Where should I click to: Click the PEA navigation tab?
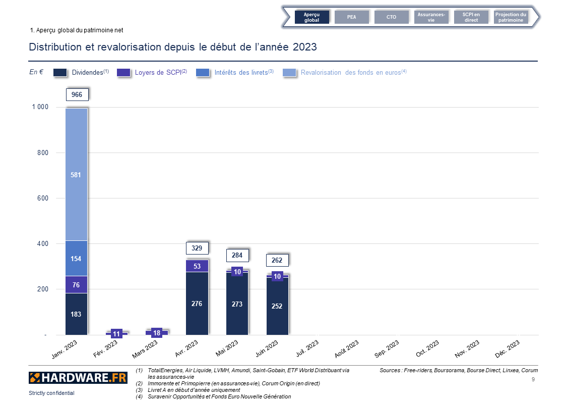(351, 17)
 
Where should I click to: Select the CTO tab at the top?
(391, 17)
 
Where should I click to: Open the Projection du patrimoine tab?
(511, 17)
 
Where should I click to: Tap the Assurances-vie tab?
(431, 17)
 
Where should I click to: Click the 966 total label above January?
(77, 94)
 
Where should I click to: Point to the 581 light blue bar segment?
(76, 175)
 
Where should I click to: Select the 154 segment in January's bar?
(76, 259)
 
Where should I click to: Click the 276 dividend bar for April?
(197, 304)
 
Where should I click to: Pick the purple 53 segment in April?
(197, 266)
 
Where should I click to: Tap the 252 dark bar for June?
(277, 306)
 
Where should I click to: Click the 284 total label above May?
(237, 256)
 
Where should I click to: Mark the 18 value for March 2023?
(157, 333)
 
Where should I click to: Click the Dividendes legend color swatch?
(60, 73)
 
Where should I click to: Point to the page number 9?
(533, 378)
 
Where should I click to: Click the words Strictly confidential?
(51, 393)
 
